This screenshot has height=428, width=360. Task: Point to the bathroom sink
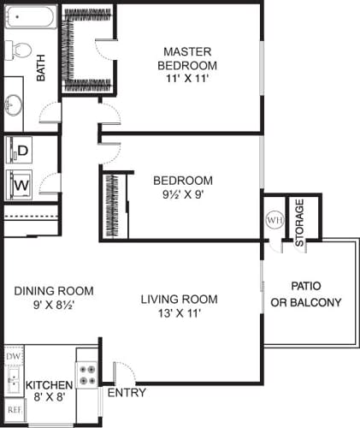coord(15,105)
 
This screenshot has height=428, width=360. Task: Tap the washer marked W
coord(22,182)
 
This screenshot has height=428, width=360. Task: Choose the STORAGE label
coord(299,223)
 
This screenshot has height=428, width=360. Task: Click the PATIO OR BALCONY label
coord(305,294)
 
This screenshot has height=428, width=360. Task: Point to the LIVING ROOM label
coord(179,299)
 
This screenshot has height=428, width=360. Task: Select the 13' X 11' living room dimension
coord(179,313)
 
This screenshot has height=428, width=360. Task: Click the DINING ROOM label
coord(54,290)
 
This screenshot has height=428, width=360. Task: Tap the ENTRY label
coord(124,393)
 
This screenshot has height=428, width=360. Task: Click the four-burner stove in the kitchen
coord(87,373)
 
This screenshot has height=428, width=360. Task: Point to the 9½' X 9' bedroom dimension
coord(182,194)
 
